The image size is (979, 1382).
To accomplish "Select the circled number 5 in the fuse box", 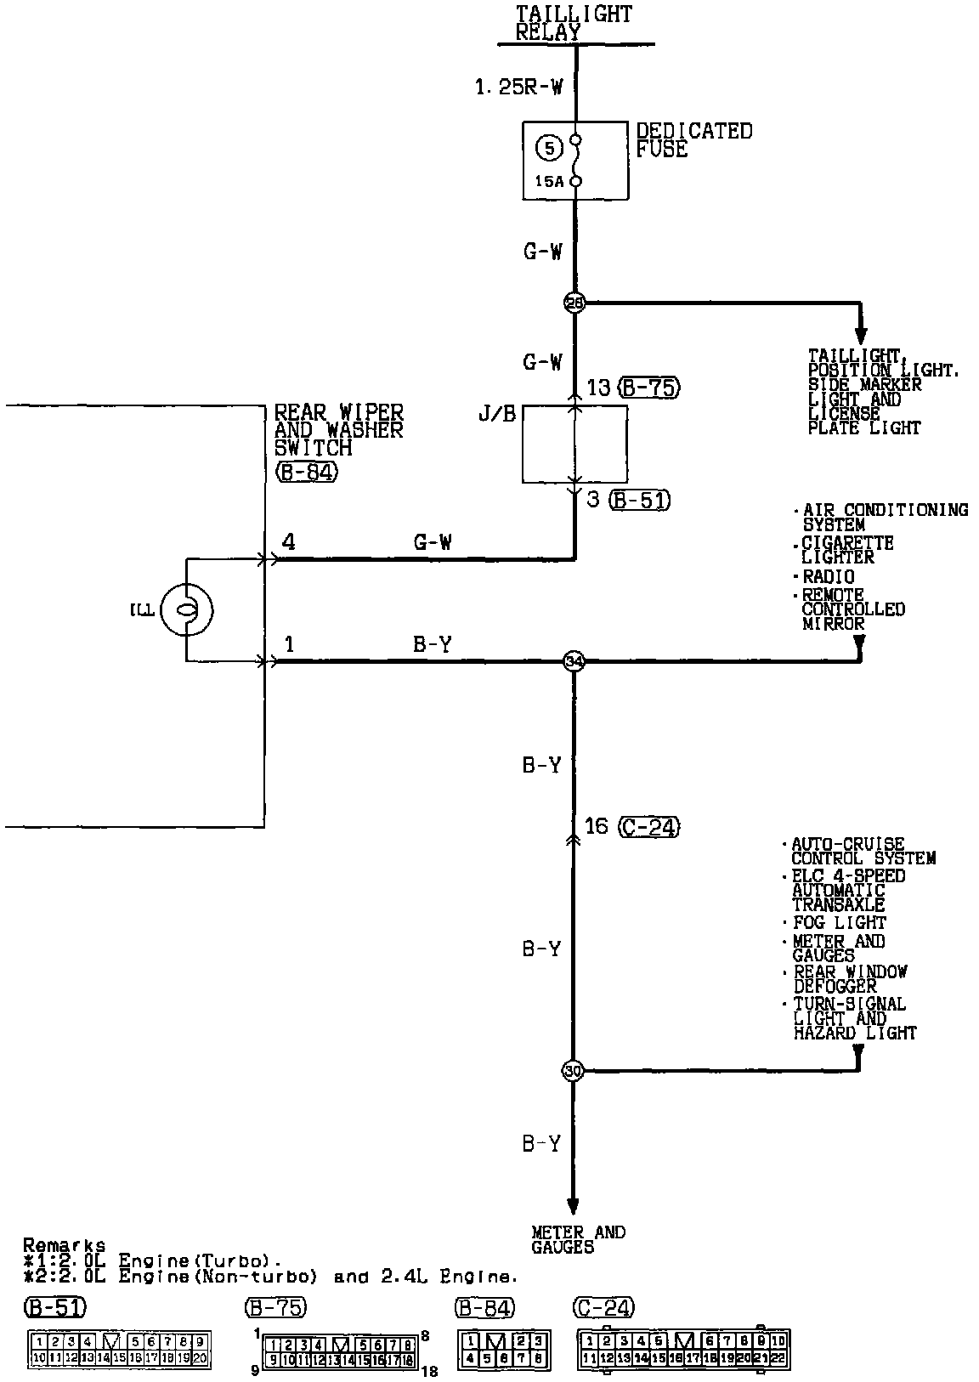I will click(549, 149).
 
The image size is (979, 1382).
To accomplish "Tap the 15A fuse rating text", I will click(549, 182).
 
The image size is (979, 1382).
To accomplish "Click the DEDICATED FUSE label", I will click(694, 140).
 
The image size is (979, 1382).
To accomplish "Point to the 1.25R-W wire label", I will click(518, 87).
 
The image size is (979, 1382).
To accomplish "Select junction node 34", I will click(574, 661).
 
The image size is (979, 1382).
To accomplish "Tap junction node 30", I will click(574, 1071).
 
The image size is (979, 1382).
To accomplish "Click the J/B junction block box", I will click(575, 445).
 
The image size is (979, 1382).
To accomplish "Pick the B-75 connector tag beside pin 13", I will click(650, 388).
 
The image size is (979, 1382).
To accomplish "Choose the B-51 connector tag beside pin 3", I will click(640, 500).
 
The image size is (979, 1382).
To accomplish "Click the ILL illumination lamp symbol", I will click(187, 609).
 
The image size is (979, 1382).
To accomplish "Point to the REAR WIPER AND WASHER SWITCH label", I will click(338, 430).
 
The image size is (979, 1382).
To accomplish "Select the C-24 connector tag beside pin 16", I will click(650, 826).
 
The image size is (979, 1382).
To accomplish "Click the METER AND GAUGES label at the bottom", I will click(578, 1239).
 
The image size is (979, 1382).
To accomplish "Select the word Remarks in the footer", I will click(65, 1245).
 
